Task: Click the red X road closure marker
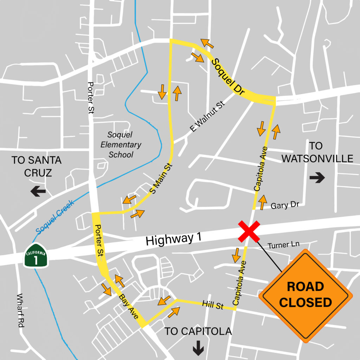coord(249,231)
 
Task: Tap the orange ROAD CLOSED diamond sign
coord(305,295)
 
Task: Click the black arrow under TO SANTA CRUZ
coord(38,192)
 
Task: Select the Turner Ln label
coord(283,245)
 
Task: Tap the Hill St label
coord(213,304)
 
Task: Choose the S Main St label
coord(161,179)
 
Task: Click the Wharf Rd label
coord(20,310)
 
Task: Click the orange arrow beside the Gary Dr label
coord(262,202)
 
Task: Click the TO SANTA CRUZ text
coord(37,166)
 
